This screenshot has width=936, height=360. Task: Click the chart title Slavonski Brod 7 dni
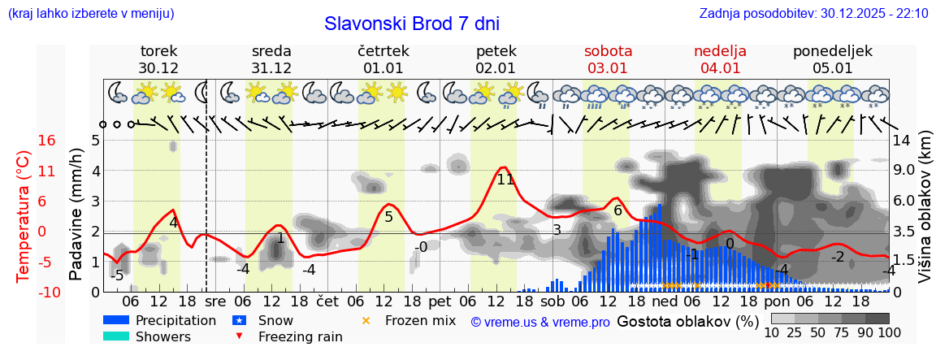411,24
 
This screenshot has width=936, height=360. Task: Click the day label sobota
608,51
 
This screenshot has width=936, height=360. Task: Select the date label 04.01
720,68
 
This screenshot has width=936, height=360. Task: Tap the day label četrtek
383,51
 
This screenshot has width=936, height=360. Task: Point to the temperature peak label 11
505,180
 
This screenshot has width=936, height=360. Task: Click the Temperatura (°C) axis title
24,216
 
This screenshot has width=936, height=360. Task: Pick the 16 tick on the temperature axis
46,141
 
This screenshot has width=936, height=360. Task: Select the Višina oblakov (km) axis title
925,216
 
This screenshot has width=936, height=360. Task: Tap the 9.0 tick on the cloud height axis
905,171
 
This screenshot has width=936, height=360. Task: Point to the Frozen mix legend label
420,320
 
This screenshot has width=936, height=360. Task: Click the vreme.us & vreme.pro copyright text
540,322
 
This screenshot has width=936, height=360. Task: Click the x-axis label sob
552,300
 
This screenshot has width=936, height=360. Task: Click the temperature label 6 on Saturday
617,210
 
